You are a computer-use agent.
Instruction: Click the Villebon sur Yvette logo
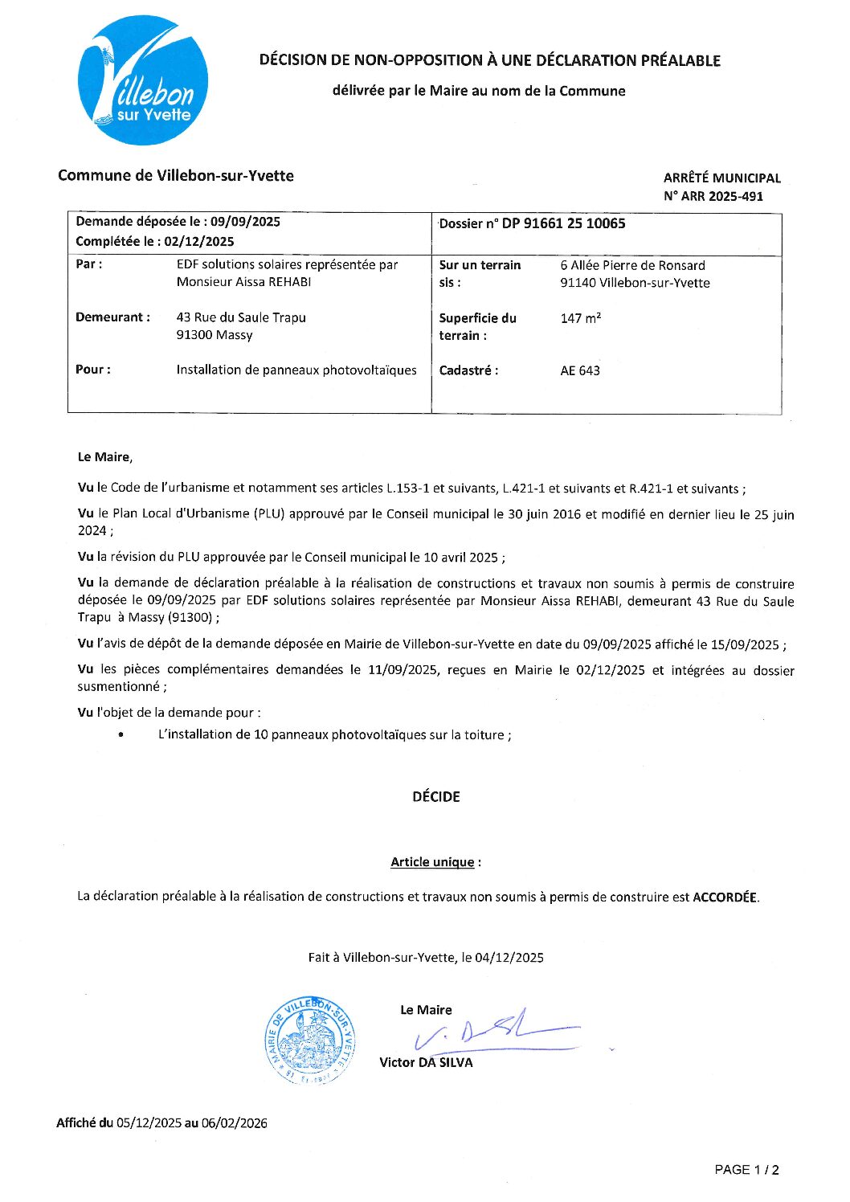click(x=142, y=80)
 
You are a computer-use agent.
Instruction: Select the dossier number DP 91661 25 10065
click(x=563, y=223)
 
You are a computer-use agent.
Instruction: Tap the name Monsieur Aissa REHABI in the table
click(x=243, y=282)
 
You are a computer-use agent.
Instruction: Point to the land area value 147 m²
click(x=580, y=318)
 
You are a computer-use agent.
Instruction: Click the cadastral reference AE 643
click(x=580, y=370)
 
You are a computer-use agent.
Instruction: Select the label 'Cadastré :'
click(x=468, y=370)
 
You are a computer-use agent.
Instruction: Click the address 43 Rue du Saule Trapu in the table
click(x=241, y=317)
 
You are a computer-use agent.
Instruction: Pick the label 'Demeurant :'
click(x=112, y=317)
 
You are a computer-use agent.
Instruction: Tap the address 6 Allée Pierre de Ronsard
click(x=633, y=265)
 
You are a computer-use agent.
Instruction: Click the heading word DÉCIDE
click(x=435, y=796)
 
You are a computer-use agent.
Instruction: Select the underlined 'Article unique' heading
click(x=432, y=862)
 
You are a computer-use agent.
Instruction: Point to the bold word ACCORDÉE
click(x=725, y=897)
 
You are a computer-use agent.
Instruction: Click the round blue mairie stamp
click(x=311, y=1041)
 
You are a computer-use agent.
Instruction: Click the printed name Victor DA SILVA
click(x=426, y=1062)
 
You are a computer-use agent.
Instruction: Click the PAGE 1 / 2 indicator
click(x=746, y=1170)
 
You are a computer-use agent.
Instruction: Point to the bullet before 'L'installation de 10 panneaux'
click(x=121, y=735)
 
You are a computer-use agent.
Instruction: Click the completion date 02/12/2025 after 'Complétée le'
click(x=199, y=241)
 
